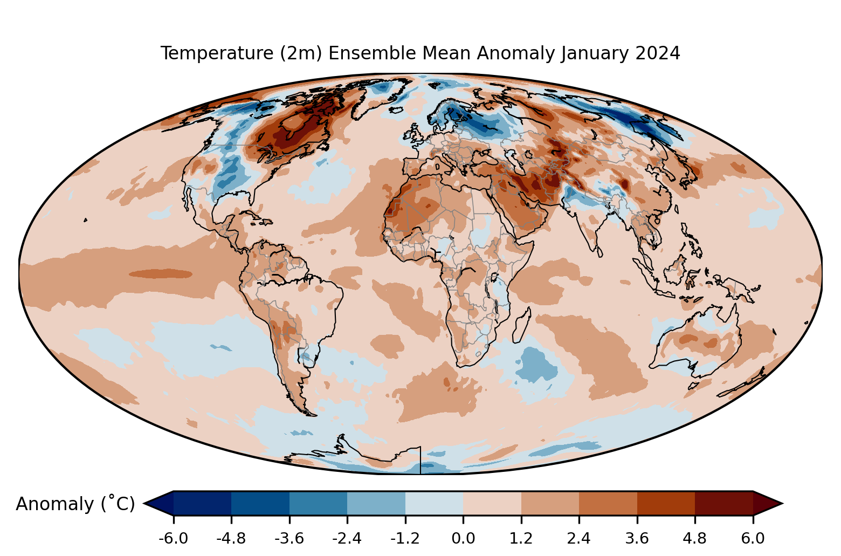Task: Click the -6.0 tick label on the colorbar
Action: tap(173, 538)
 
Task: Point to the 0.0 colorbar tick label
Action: tap(463, 538)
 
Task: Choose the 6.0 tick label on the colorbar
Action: tap(753, 538)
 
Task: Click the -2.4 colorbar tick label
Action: tap(347, 538)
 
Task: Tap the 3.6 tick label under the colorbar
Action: tap(637, 538)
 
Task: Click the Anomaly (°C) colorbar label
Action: tap(75, 504)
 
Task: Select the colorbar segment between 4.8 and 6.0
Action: tap(723, 503)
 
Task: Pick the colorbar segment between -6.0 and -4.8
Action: tap(202, 503)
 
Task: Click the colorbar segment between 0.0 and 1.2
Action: tap(492, 503)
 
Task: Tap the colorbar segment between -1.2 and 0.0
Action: tap(434, 503)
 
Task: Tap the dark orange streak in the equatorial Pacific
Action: tap(161, 274)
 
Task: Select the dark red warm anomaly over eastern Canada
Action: tap(294, 132)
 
